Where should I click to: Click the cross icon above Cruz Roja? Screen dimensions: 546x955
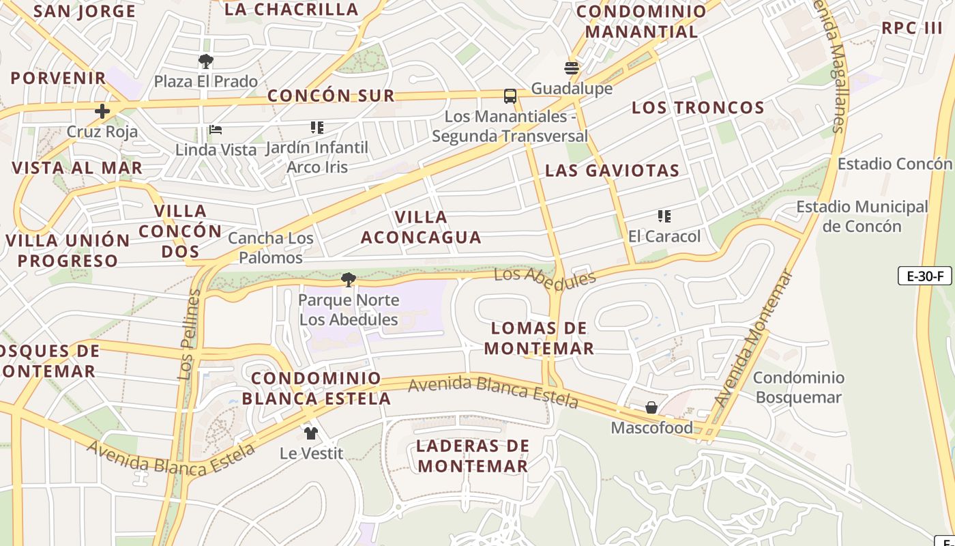102,111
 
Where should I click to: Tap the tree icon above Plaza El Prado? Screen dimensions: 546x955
205,61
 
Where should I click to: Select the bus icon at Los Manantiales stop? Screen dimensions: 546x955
510,96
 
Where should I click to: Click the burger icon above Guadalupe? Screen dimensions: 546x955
572,68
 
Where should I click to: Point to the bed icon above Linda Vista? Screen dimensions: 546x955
216,130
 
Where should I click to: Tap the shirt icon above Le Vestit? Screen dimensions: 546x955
311,433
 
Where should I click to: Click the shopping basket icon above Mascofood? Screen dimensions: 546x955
651,407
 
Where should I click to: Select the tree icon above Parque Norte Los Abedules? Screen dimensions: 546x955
349,279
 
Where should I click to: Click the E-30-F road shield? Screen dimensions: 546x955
924,276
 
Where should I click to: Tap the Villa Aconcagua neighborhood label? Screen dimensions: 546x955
421,227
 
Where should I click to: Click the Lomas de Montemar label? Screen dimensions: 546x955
539,339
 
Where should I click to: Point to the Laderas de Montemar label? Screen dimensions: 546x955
473,456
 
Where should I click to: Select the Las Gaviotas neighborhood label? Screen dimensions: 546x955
612,171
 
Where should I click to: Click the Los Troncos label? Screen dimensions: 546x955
698,107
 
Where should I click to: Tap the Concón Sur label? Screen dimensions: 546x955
331,96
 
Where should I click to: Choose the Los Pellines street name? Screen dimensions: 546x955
189,334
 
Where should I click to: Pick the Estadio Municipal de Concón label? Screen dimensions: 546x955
862,216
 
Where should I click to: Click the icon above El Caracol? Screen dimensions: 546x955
664,216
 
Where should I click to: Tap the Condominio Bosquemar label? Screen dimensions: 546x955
798,387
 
